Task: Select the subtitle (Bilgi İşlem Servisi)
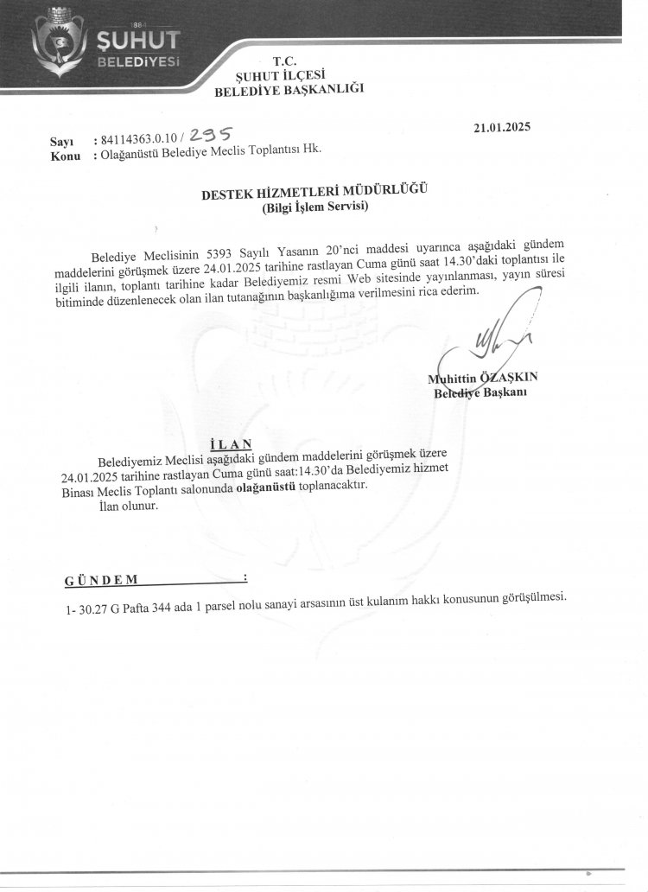(x=315, y=207)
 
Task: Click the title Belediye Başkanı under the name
(x=480, y=392)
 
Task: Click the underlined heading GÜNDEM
(x=101, y=578)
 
